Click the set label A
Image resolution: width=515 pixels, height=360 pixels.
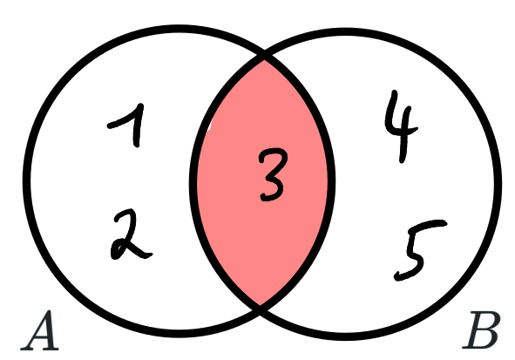point(40,330)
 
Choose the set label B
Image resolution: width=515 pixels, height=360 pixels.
point(482,330)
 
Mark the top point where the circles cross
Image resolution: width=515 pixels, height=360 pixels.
point(264,55)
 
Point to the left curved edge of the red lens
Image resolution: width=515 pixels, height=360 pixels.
point(193,180)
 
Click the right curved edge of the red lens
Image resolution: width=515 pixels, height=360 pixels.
point(331,180)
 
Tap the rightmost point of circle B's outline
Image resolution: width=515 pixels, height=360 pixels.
point(498,184)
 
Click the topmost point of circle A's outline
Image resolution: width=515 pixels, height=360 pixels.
point(179,29)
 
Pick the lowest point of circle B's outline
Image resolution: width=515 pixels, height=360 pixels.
point(345,336)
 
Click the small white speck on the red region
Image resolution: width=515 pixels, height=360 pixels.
point(210,125)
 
